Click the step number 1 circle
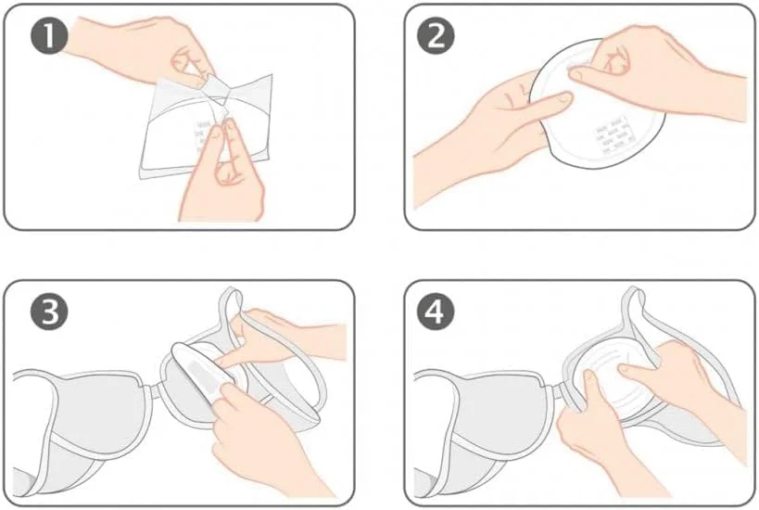pos(50,35)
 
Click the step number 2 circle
pos(436,35)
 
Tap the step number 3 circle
pos(50,312)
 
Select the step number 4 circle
pos(436,312)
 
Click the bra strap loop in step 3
pos(232,305)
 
